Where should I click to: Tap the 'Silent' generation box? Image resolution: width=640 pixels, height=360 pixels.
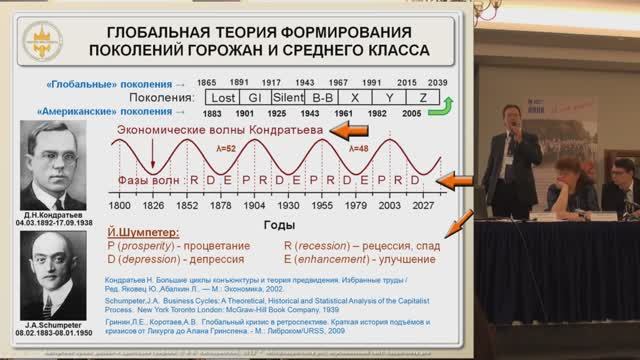289,98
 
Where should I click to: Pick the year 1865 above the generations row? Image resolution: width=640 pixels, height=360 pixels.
208,82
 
